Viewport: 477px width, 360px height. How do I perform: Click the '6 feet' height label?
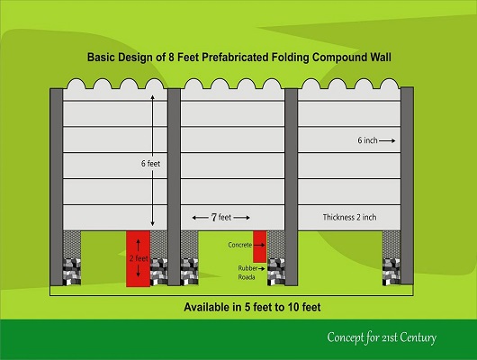pyautogui.click(x=150, y=164)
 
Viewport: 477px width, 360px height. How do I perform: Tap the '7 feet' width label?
pyautogui.click(x=221, y=217)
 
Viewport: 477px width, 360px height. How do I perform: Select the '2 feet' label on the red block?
pyautogui.click(x=139, y=258)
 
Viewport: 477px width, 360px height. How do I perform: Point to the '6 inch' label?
pyautogui.click(x=367, y=140)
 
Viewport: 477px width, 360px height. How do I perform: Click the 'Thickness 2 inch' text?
pyautogui.click(x=349, y=217)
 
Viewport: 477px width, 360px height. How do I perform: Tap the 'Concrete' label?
pyautogui.click(x=240, y=245)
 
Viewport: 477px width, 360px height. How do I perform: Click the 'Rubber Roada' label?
pyautogui.click(x=247, y=273)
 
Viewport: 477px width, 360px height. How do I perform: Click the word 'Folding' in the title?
pyautogui.click(x=291, y=58)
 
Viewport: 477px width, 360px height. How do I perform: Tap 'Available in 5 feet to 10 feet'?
pyautogui.click(x=252, y=307)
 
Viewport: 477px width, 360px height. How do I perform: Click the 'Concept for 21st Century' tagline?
pyautogui.click(x=382, y=337)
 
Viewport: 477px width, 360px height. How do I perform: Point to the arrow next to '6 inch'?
pyautogui.click(x=387, y=140)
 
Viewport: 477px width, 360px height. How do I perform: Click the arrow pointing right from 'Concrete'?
pyautogui.click(x=259, y=245)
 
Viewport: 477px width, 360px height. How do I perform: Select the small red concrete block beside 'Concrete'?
pyautogui.click(x=260, y=247)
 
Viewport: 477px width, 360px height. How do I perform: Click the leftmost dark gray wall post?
pyautogui.click(x=57, y=187)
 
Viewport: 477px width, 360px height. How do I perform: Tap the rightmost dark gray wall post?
pyautogui.click(x=407, y=186)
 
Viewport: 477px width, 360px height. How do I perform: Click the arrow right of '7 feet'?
pyautogui.click(x=242, y=218)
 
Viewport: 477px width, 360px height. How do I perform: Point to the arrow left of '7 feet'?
pyautogui.click(x=200, y=218)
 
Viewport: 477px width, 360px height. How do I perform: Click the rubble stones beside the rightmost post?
pyautogui.click(x=391, y=272)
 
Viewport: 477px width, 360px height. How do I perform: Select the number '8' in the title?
pyautogui.click(x=171, y=58)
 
